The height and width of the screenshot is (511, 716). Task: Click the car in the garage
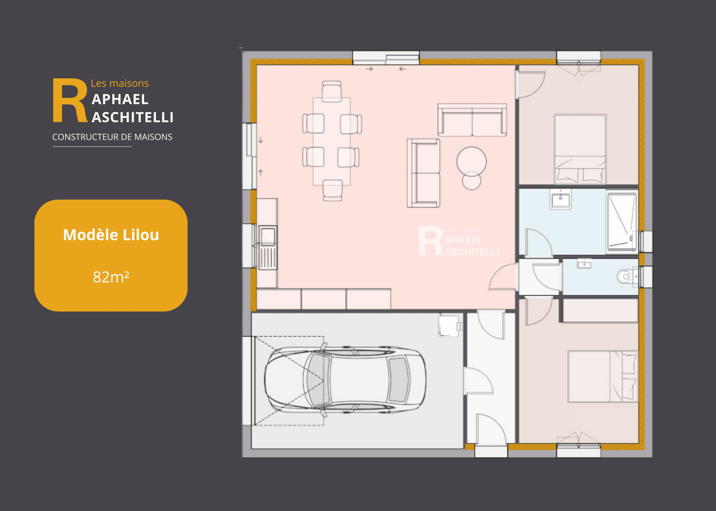pos(345,380)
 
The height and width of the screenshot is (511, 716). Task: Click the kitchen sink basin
pos(267,236)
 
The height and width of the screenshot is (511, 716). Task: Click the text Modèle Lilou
pos(111,235)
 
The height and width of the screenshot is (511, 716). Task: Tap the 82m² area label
pos(111,277)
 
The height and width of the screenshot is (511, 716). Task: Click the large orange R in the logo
pos(70,100)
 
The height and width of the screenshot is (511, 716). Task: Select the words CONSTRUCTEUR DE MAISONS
pos(112,137)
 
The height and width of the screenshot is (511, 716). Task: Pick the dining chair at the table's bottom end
pos(332,190)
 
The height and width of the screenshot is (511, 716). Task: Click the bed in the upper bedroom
pos(580,149)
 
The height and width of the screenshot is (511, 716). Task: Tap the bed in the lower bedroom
pos(603,377)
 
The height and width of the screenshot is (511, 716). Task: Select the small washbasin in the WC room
pos(584,264)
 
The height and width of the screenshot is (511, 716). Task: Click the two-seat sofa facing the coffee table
pos(472,120)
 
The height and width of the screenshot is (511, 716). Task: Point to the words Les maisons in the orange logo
pos(120,83)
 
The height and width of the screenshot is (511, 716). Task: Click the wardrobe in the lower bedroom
pos(600,311)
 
